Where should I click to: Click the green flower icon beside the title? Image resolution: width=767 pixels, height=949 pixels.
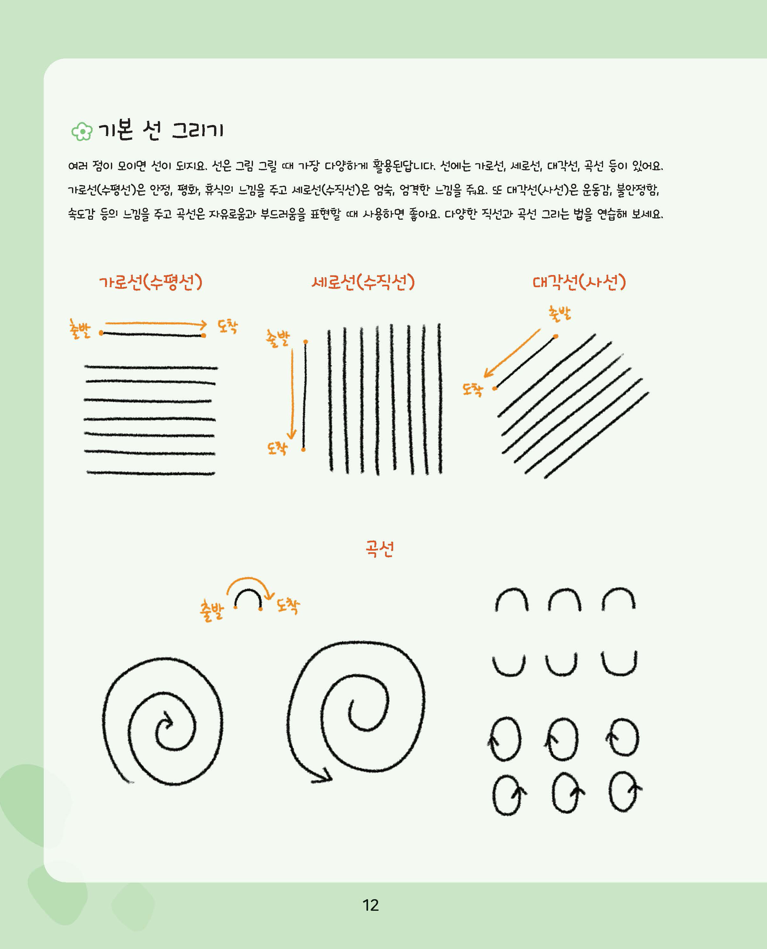[x=82, y=131]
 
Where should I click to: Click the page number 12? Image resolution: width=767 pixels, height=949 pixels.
[x=370, y=905]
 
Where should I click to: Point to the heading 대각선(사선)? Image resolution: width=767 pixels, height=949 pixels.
[x=579, y=282]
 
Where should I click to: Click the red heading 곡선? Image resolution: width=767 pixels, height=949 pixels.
[x=379, y=549]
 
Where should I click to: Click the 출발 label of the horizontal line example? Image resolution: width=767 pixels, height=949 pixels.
[x=79, y=329]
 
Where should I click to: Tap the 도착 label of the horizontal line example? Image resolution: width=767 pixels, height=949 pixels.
[x=228, y=326]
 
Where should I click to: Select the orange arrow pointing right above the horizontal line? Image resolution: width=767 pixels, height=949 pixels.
[x=156, y=324]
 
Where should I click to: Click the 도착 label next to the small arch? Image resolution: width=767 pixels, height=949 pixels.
[x=288, y=606]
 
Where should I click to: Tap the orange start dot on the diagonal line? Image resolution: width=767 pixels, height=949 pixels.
[x=555, y=336]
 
